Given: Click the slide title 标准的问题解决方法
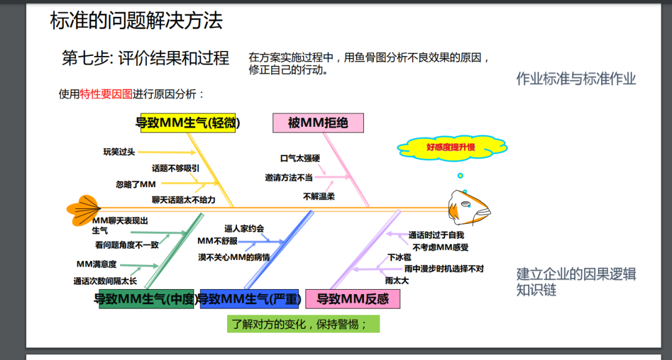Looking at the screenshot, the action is (x=136, y=21).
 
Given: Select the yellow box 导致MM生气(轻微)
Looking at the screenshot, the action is (x=188, y=123).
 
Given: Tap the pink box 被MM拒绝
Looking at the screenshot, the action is (x=318, y=123).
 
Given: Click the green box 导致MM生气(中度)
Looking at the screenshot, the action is (x=146, y=299).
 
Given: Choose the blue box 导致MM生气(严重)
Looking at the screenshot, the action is (x=250, y=299).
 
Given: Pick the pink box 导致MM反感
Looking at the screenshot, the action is (x=353, y=299).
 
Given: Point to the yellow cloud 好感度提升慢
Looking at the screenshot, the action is (x=451, y=147).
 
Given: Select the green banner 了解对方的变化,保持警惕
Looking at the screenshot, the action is (x=304, y=325).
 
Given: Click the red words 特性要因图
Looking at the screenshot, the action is (x=106, y=95).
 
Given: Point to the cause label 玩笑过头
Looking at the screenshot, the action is (x=119, y=152).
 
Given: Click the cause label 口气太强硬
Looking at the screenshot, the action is (x=300, y=159).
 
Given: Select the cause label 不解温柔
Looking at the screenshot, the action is (x=319, y=196).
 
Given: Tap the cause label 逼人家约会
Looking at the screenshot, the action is (x=244, y=228).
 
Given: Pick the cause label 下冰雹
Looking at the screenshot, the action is (x=399, y=257).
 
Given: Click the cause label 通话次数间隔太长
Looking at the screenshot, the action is (x=105, y=281).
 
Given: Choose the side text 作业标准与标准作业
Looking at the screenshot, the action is (x=576, y=79).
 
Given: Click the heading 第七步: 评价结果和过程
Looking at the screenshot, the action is (x=146, y=58).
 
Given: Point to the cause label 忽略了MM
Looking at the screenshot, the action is (x=136, y=184).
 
